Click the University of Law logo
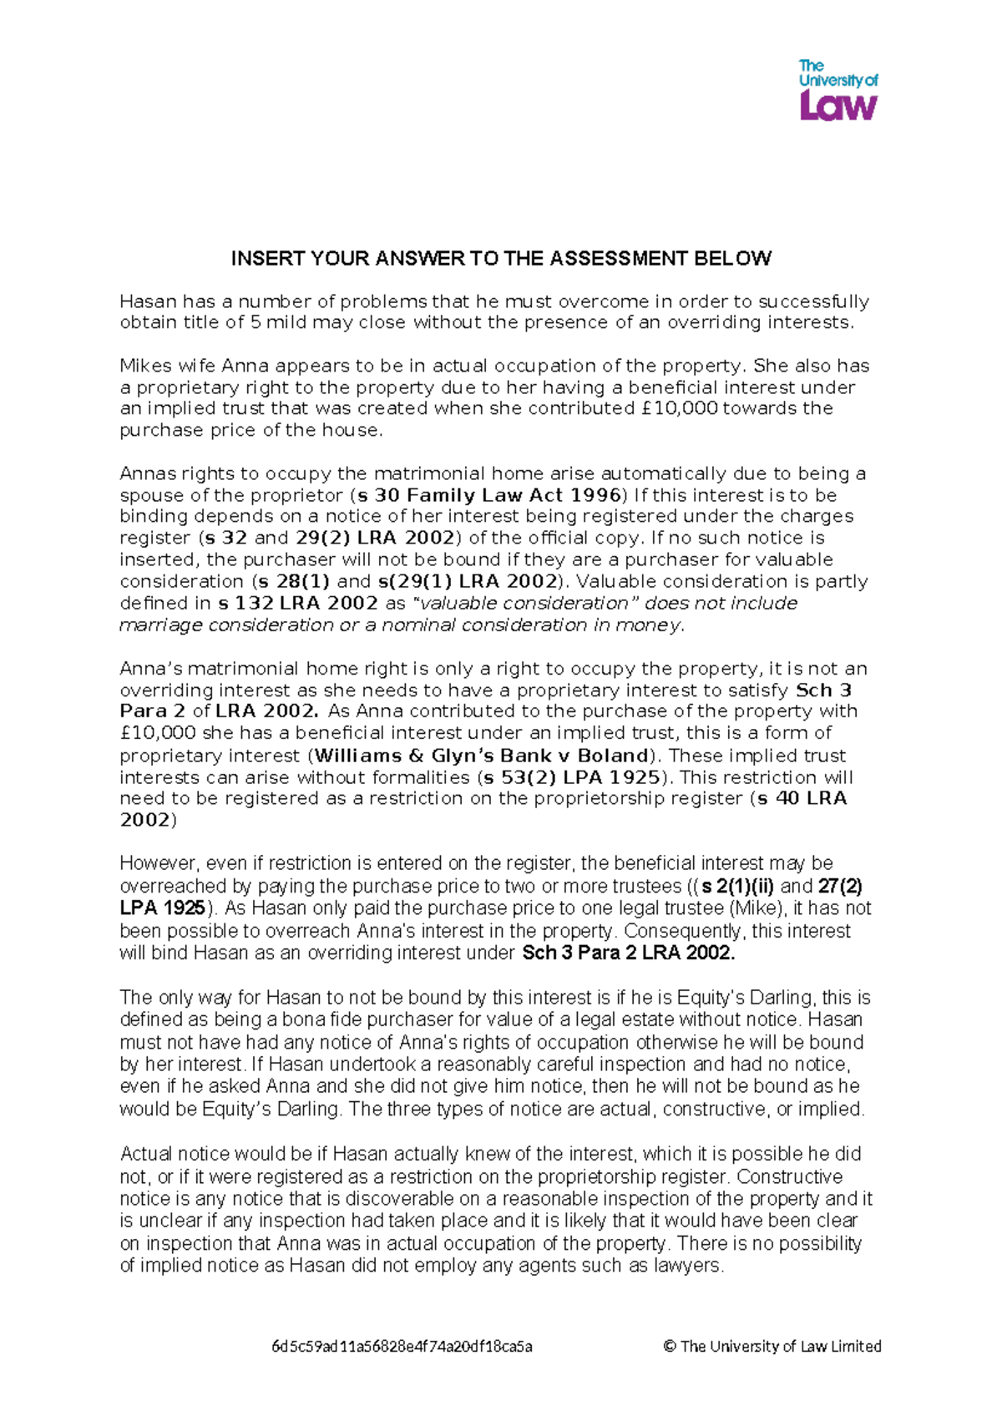pyautogui.click(x=838, y=89)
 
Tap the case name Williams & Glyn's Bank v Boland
pyautogui.click(x=482, y=756)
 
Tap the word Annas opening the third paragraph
pyautogui.click(x=148, y=473)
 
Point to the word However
pyautogui.click(x=158, y=863)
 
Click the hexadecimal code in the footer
pyautogui.click(x=402, y=1346)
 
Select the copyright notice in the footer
pyautogui.click(x=772, y=1346)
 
